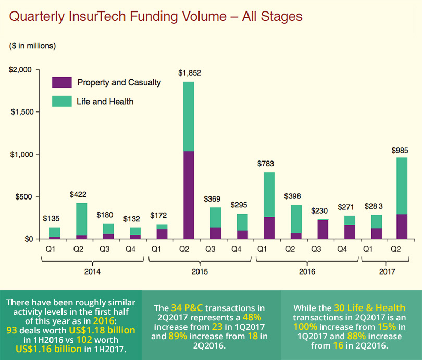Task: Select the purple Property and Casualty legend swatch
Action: coord(61,82)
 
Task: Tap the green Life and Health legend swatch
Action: coord(61,101)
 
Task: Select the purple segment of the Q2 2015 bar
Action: coord(188,195)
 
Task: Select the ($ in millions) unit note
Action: coord(32,46)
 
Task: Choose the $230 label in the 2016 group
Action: coord(321,211)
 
